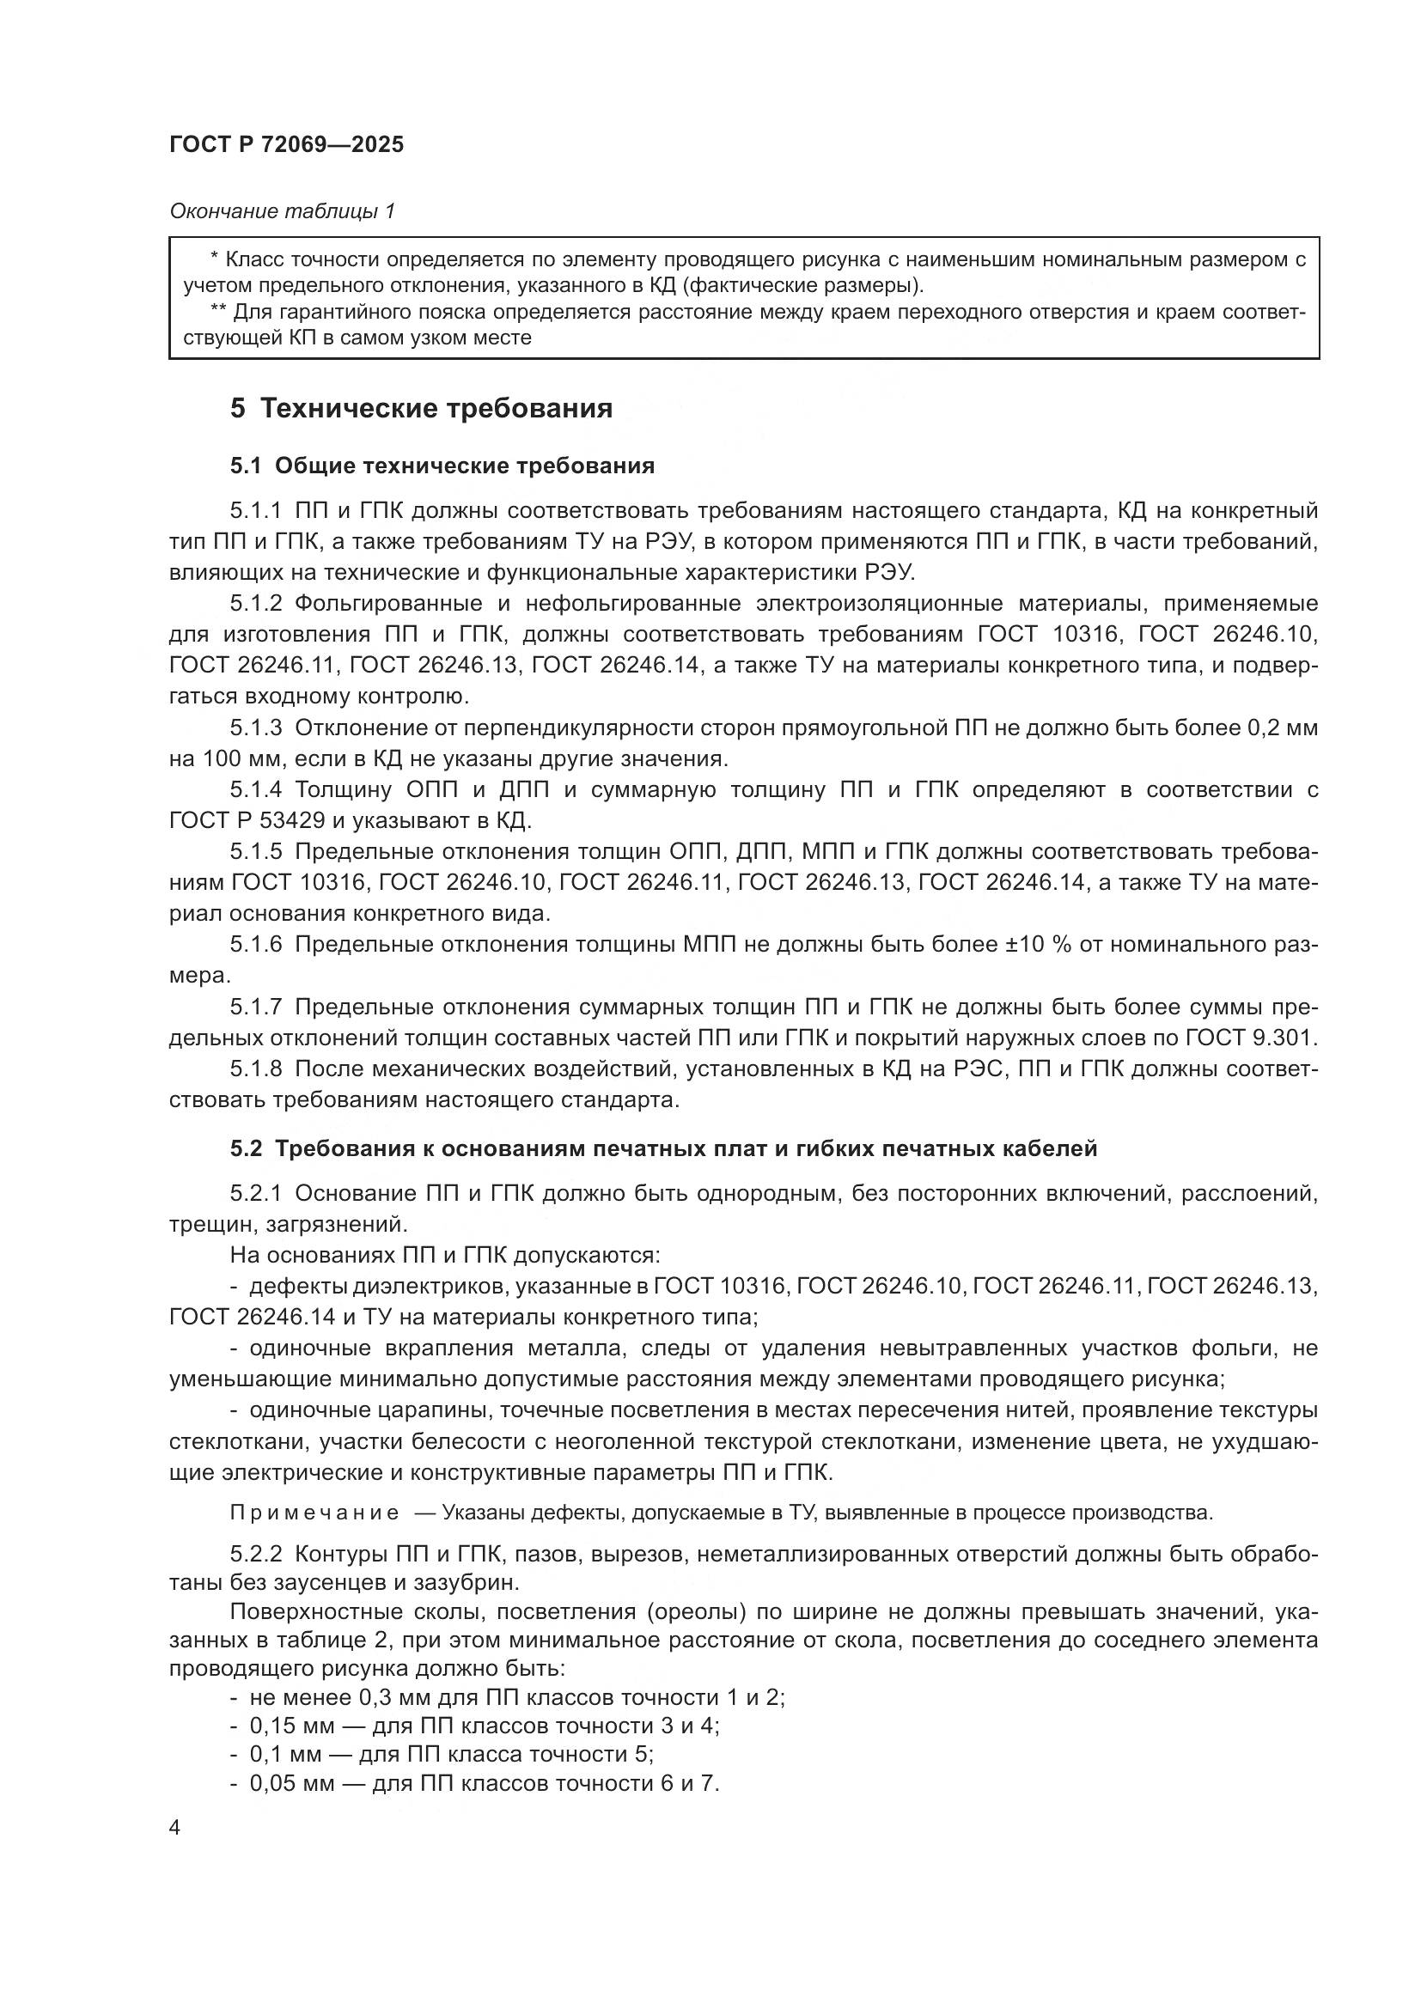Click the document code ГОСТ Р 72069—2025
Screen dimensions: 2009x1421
(286, 145)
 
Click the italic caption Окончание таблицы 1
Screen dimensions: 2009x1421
(282, 211)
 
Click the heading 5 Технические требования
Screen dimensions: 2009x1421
(421, 409)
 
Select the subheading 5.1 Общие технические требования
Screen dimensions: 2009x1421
(442, 466)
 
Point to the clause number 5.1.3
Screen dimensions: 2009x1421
(256, 728)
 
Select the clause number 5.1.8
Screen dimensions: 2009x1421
(256, 1069)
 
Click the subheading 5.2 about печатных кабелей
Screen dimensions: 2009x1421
(663, 1149)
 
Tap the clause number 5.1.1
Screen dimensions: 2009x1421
(256, 511)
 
